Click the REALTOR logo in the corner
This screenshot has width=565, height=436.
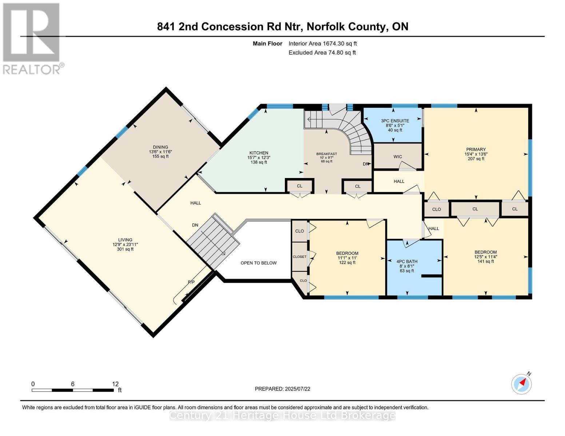point(32,38)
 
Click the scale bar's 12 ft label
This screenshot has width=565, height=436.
point(115,384)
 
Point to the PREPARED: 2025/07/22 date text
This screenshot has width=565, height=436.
point(282,389)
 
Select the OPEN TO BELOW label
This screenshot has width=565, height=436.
point(258,263)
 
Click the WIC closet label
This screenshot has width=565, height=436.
point(397,157)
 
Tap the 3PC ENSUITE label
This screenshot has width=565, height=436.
point(395,121)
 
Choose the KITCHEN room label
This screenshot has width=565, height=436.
point(259,153)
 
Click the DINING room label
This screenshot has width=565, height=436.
point(160,147)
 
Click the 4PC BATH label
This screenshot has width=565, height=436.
point(407,261)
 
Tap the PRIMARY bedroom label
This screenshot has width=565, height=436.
point(476,149)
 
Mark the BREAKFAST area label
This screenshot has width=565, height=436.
point(326,154)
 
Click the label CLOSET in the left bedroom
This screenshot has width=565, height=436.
point(299,257)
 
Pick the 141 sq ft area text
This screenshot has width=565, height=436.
point(485,261)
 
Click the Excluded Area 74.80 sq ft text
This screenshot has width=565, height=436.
point(322,52)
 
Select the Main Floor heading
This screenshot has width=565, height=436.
point(267,44)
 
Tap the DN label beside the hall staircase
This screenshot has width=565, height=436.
point(195,225)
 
